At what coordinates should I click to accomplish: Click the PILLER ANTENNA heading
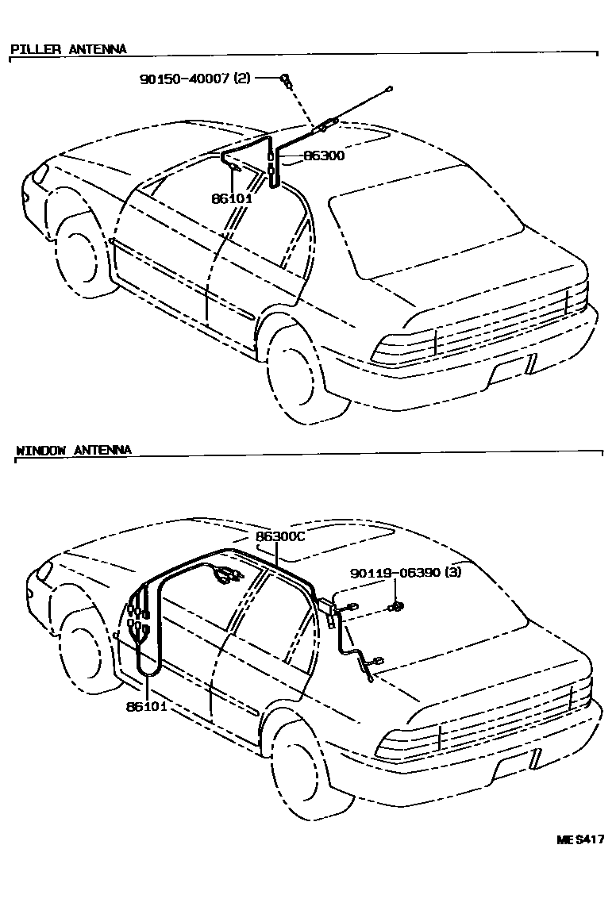pos(68,49)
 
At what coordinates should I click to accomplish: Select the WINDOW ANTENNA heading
pos(74,450)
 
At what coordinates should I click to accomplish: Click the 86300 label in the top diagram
pos(323,156)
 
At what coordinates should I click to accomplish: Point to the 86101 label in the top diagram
pos(231,198)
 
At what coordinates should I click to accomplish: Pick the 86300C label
pos(280,537)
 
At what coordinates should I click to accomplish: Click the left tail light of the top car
pos(404,348)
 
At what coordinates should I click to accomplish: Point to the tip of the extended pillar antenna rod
pos(390,89)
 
